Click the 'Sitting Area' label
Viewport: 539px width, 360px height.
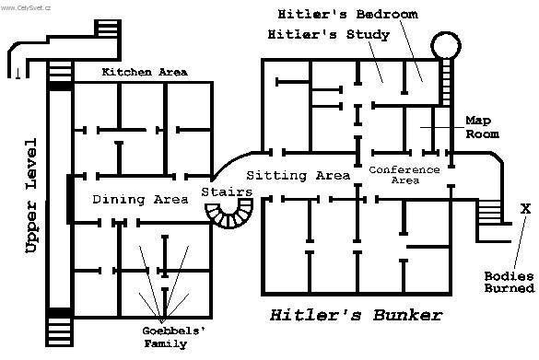click(299, 175)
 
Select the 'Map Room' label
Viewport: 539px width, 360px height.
click(482, 127)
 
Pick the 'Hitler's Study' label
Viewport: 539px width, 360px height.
click(328, 35)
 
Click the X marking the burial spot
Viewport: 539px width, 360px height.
click(526, 209)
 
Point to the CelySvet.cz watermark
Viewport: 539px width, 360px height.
click(27, 6)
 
